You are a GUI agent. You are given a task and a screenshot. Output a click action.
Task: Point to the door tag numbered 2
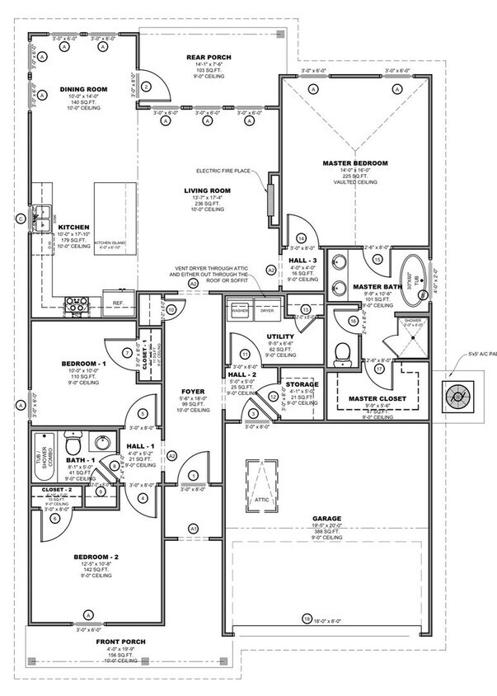pyautogui.click(x=147, y=87)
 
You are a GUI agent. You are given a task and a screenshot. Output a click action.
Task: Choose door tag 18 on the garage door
pyautogui.click(x=307, y=619)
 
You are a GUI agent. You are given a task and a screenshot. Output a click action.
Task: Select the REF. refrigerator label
pyautogui.click(x=118, y=303)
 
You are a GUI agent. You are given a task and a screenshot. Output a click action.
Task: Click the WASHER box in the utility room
pyautogui.click(x=240, y=311)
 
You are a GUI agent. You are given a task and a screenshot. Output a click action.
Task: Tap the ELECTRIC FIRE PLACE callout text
pyautogui.click(x=224, y=172)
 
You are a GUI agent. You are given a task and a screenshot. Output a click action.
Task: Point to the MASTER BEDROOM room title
pyautogui.click(x=355, y=163)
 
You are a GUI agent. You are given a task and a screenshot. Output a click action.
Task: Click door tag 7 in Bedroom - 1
pyautogui.click(x=128, y=353)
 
